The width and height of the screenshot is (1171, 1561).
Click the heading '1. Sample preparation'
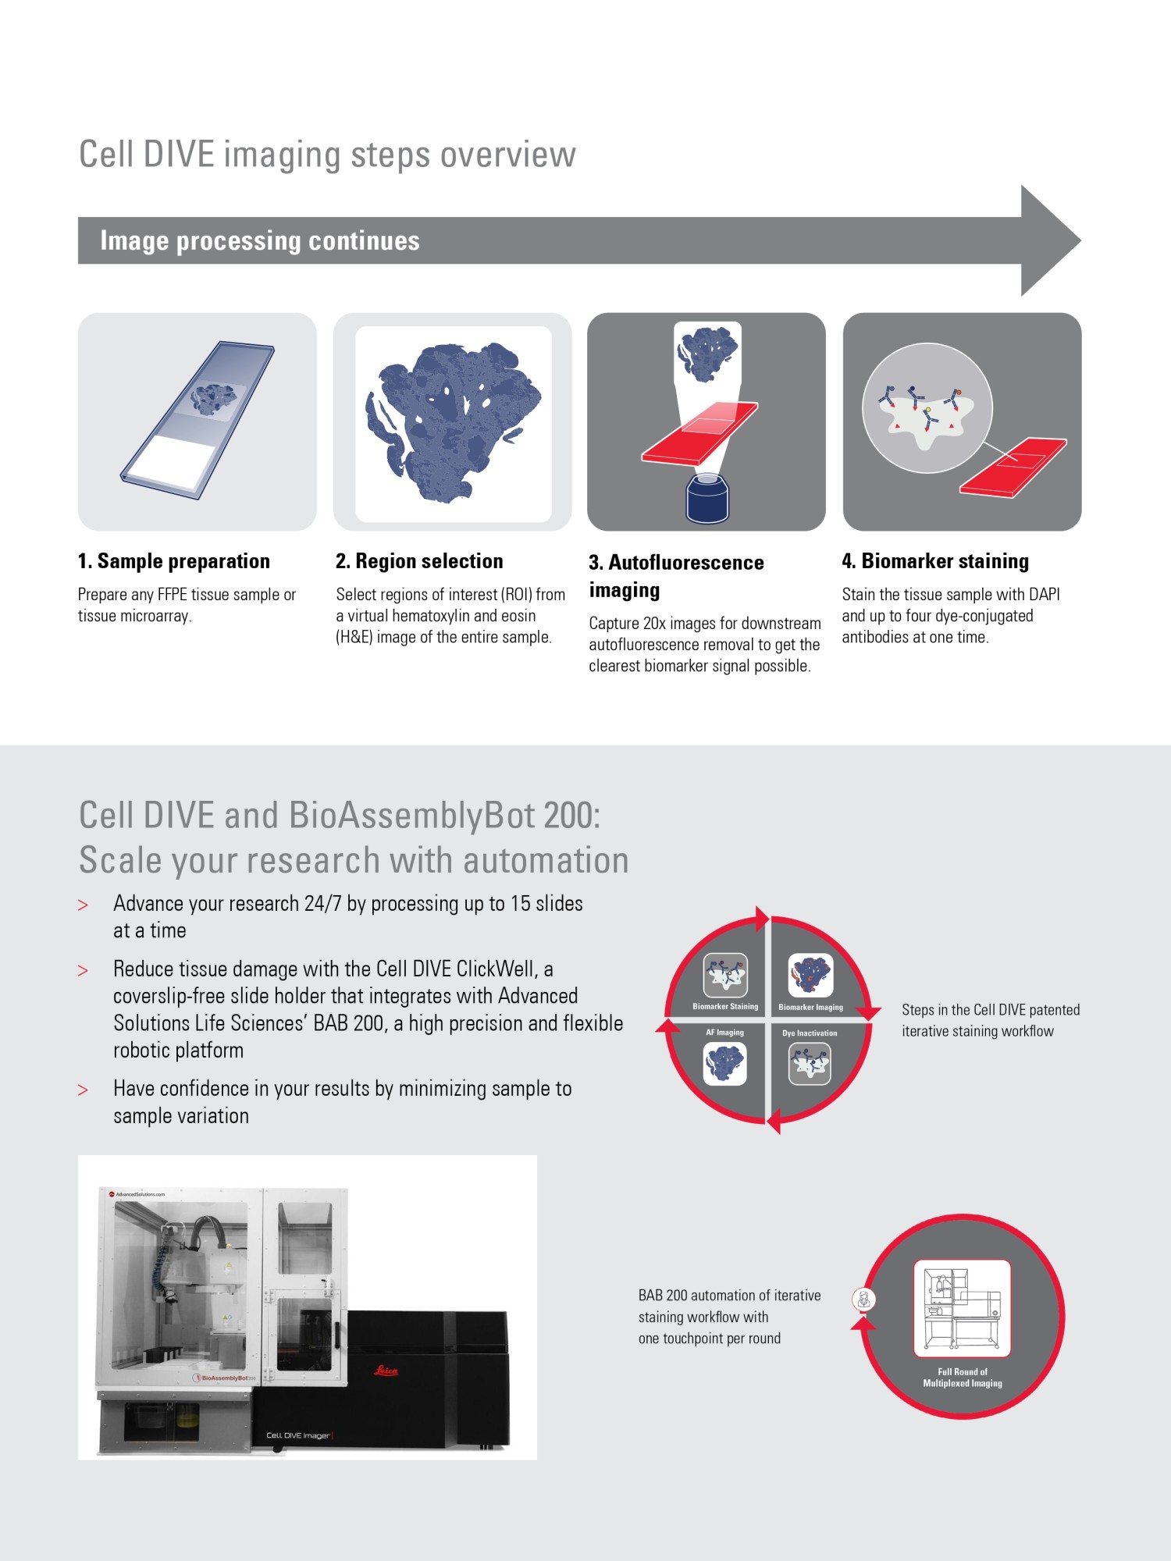[173, 561]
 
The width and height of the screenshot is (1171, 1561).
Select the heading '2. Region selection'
[419, 561]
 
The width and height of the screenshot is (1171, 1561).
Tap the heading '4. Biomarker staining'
[935, 561]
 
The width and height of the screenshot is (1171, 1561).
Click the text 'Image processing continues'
[260, 240]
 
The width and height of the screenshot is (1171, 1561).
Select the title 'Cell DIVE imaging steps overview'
[327, 155]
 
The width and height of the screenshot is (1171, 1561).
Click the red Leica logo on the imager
[386, 1371]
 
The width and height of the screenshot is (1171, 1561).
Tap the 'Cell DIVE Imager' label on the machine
[298, 1435]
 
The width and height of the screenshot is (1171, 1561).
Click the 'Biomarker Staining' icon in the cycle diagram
[725, 975]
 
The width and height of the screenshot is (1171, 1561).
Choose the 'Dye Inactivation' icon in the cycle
[810, 1064]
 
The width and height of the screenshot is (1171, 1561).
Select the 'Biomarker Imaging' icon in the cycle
[810, 975]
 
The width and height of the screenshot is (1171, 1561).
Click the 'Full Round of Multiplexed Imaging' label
[963, 1377]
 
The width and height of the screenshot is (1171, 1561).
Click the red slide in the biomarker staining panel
[1013, 467]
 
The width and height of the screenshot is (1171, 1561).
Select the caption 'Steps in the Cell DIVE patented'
[991, 1010]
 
